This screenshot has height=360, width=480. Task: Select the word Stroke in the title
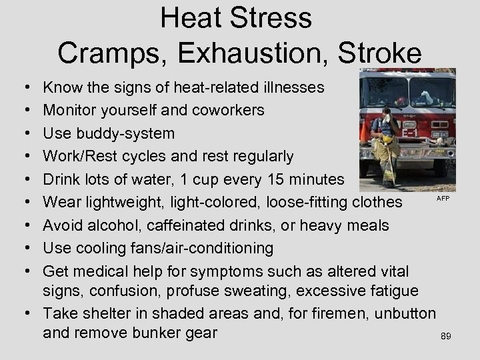tap(383, 53)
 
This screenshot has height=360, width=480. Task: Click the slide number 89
tap(446, 337)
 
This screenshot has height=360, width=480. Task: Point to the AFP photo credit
tap(443, 199)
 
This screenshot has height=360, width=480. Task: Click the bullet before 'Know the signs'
tap(23, 88)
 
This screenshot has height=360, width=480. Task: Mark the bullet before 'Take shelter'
tap(23, 313)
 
